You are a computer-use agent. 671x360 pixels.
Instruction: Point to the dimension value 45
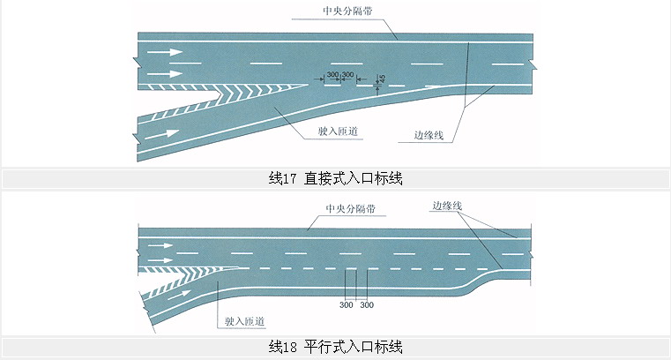381,79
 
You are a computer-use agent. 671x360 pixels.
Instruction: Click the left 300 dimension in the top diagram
332,74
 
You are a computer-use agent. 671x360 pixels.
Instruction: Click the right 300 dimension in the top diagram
347,74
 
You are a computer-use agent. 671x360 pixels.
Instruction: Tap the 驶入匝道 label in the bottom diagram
246,323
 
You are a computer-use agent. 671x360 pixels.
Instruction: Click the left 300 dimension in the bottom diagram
346,304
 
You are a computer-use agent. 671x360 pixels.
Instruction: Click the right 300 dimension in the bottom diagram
367,304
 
